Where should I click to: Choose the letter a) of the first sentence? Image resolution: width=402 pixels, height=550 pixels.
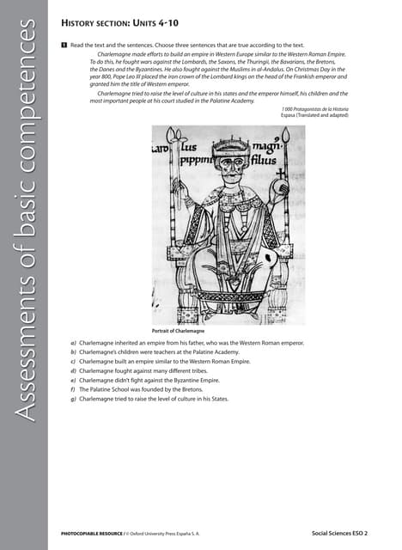pos(73,343)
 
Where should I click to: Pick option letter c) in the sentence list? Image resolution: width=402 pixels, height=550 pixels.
pos(73,362)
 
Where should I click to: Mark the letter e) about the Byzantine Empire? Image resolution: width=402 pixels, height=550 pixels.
pos(73,381)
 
